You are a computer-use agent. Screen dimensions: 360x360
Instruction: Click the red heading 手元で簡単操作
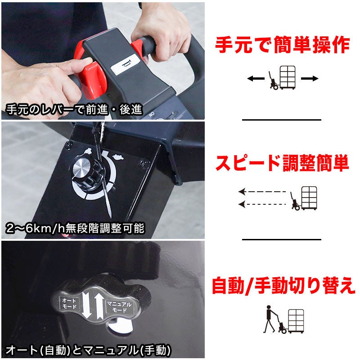[283, 45]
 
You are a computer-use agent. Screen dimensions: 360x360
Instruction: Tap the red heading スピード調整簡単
[282, 163]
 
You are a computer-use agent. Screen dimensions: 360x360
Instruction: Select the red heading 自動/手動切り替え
[283, 285]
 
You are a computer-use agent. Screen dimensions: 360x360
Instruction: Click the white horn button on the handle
[126, 64]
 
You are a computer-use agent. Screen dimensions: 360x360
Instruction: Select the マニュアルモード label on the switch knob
[119, 307]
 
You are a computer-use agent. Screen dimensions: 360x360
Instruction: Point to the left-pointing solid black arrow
[256, 79]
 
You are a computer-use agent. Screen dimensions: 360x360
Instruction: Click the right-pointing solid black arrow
[310, 79]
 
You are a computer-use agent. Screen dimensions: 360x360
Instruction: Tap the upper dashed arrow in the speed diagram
[262, 192]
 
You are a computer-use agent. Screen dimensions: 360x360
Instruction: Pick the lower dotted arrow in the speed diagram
[262, 204]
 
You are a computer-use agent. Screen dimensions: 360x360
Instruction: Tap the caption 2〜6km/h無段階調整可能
[75, 228]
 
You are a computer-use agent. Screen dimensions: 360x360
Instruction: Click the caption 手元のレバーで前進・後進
[74, 109]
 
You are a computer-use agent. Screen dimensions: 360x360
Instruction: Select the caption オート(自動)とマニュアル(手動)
[88, 350]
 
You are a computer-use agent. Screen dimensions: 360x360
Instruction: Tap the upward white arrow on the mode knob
[99, 307]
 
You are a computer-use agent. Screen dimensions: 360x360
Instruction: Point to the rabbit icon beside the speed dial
[118, 157]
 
